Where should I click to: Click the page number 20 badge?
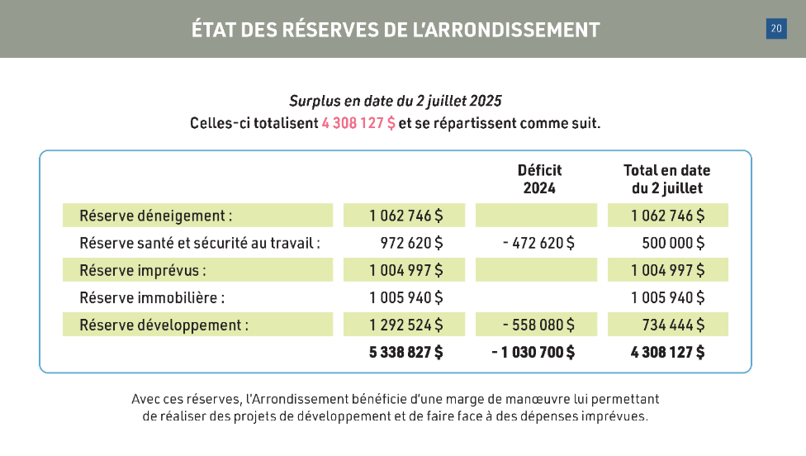click(776, 29)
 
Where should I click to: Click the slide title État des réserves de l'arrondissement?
click(396, 30)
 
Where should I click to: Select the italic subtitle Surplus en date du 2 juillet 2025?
click(396, 102)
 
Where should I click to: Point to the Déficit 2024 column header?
click(539, 178)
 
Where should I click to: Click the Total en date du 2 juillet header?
click(666, 178)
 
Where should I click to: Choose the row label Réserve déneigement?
click(155, 216)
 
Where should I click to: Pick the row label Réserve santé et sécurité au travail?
click(199, 244)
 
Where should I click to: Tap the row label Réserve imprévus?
click(142, 271)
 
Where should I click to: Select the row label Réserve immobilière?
click(152, 297)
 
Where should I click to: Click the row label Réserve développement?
click(164, 325)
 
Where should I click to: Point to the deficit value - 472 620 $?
click(538, 244)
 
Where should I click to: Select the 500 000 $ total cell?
click(673, 244)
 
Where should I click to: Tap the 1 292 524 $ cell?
click(405, 325)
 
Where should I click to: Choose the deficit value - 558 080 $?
click(538, 325)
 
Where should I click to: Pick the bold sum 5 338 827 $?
click(405, 352)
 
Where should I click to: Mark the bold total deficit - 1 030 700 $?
click(533, 352)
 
